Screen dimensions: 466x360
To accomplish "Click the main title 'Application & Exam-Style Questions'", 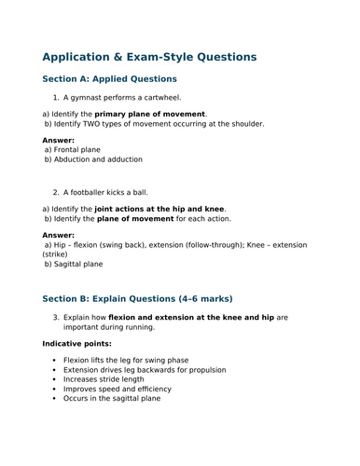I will point(149,56).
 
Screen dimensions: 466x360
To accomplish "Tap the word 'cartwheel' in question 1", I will point(159,97).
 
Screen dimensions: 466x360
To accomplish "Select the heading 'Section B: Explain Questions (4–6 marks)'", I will point(137,299).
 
